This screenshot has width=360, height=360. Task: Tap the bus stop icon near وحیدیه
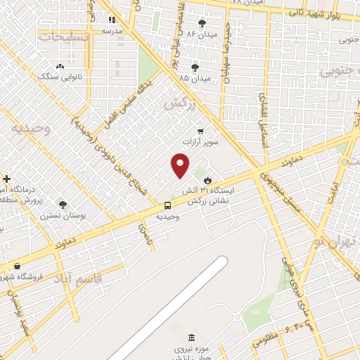tap(167, 205)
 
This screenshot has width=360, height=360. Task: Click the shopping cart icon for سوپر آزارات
tap(201, 131)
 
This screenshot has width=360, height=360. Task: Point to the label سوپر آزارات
tap(202, 142)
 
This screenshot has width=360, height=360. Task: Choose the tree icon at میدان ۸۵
tap(195, 67)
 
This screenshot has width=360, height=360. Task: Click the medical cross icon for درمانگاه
tap(7, 179)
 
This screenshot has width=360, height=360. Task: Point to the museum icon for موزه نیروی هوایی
tap(174, 337)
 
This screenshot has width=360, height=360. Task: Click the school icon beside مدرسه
tap(112, 20)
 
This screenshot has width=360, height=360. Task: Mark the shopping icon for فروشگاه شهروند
tap(15, 266)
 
